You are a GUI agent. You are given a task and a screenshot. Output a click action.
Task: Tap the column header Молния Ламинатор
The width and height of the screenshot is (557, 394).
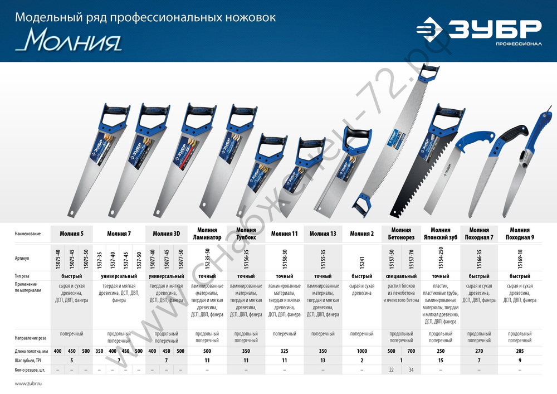coord(207,234)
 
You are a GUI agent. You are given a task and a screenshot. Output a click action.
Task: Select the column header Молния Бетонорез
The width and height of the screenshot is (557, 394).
coord(401,234)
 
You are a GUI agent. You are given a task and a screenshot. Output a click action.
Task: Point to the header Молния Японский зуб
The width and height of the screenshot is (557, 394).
coord(441,234)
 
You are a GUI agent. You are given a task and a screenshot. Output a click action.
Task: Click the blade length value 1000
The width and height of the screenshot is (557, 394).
coord(361,351)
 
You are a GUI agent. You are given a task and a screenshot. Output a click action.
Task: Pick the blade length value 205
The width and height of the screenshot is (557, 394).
coord(519,351)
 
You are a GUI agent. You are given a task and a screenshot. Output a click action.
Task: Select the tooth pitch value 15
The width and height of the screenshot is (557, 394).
coord(441,361)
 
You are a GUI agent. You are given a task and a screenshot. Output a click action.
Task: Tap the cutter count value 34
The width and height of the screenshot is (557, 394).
coord(411,371)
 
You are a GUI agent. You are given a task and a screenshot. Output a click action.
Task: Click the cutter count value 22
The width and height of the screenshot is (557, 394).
coord(392,371)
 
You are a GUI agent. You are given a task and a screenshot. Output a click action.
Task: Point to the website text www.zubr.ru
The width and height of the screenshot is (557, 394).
coord(28,384)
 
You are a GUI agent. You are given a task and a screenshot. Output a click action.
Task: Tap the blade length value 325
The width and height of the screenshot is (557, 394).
coord(284,351)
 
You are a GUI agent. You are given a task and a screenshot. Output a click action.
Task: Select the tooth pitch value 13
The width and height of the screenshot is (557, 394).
coord(323,361)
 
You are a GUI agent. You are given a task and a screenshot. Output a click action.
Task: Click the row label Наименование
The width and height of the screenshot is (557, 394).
coord(28,234)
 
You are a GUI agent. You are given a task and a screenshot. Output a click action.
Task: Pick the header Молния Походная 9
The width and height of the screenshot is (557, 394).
coord(519,234)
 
